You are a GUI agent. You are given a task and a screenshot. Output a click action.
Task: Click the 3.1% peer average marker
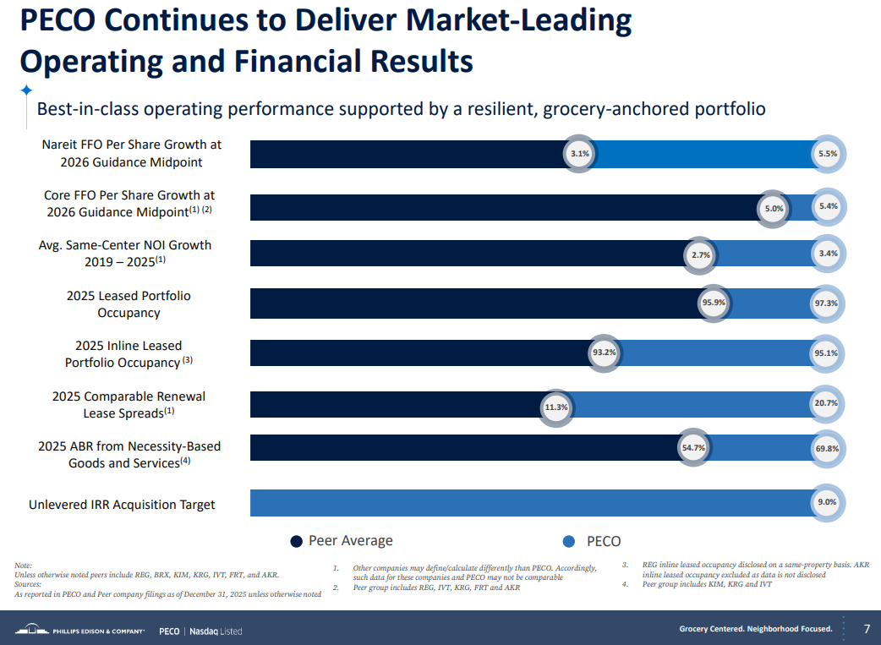click(x=579, y=154)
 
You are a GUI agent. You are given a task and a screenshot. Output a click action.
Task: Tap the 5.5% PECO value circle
click(x=827, y=154)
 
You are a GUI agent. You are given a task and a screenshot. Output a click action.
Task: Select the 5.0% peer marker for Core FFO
click(x=774, y=208)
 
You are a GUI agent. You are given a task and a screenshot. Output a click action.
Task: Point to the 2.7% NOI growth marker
click(x=700, y=254)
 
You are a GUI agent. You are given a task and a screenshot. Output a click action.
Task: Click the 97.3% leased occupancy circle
click(x=826, y=303)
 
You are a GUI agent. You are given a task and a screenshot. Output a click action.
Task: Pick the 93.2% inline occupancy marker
click(x=604, y=353)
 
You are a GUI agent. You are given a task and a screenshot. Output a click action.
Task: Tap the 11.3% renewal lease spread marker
click(x=555, y=407)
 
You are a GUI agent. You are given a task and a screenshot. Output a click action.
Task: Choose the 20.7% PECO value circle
click(x=826, y=403)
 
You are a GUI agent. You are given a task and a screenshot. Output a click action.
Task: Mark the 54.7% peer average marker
click(x=693, y=448)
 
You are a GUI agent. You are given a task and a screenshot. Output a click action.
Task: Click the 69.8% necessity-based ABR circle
click(x=826, y=448)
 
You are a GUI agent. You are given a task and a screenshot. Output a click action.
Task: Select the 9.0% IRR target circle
click(x=826, y=502)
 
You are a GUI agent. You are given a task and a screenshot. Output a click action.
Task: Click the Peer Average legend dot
click(x=296, y=542)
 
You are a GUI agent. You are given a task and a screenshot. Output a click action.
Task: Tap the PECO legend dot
click(x=569, y=542)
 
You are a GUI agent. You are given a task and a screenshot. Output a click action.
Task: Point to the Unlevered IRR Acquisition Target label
click(x=122, y=505)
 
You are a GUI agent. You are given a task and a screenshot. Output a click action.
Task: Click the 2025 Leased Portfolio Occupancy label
click(x=129, y=304)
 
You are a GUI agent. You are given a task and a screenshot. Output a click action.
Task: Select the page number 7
click(x=867, y=629)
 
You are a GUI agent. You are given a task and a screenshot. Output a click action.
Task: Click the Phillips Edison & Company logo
click(x=80, y=630)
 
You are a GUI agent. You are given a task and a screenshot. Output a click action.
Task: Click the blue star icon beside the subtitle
click(x=26, y=90)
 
